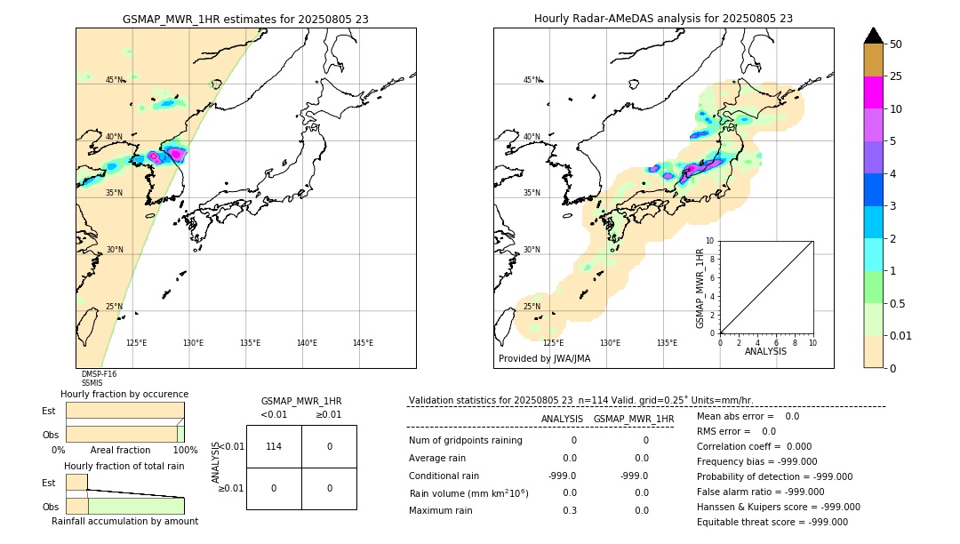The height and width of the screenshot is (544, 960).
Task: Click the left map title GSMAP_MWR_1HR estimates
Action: pos(245,19)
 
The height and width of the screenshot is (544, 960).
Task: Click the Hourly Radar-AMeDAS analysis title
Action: pos(663,19)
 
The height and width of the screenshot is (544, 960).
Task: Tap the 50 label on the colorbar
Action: pos(896,44)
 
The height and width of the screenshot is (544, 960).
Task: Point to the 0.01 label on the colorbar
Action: pos(900,336)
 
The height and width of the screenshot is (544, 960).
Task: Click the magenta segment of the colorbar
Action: pos(873,92)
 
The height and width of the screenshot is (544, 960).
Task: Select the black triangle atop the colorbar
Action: pos(873,36)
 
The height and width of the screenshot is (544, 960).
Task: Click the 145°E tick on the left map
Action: pos(363,343)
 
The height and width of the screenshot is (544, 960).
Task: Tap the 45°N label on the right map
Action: pos(532,80)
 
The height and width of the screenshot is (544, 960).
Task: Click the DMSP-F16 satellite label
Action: pos(99,374)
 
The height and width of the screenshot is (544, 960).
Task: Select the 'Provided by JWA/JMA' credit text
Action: pos(544,359)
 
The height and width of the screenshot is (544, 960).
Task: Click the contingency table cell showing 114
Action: pos(274,446)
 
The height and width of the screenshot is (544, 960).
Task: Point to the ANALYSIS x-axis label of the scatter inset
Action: pos(765,352)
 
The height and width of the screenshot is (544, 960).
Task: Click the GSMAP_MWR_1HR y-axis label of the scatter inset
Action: pos(700,288)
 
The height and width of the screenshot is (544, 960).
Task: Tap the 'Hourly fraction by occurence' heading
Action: pos(124,394)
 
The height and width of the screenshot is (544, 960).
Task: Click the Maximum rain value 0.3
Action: pos(569,511)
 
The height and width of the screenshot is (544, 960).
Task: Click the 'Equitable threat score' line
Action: pos(772,522)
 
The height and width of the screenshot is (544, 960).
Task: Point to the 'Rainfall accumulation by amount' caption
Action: pos(124,521)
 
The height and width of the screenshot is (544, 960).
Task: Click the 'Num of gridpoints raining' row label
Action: pos(466,440)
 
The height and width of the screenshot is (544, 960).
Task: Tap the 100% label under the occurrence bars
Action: pos(184,451)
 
